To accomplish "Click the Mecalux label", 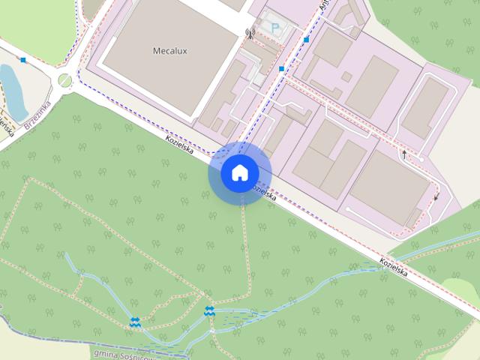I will coord(169,52).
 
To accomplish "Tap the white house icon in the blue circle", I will coord(239,173).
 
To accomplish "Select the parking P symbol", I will coord(275,28).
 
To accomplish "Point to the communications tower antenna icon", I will coord(250,33).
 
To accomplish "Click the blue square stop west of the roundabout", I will coord(23,59).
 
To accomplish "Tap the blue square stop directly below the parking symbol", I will coord(281,69).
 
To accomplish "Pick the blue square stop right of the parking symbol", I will coord(307,39).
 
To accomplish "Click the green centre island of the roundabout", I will coord(65,79).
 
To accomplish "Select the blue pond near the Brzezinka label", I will coord(12,82).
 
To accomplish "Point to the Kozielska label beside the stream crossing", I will coord(393,268).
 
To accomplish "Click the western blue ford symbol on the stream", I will coord(135,322).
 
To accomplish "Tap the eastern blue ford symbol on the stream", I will coord(209,311).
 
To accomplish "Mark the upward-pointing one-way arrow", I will coord(404,154).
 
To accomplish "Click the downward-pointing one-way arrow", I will coord(436,197).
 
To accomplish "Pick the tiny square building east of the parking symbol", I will coord(346,76).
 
